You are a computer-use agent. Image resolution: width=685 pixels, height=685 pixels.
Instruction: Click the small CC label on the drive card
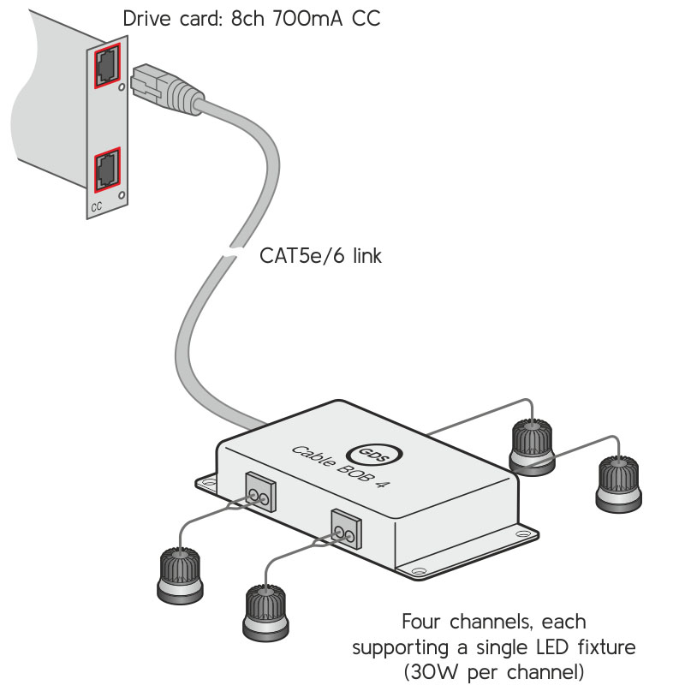tap(96, 207)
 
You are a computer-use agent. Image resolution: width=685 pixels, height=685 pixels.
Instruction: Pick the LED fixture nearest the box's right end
tap(532, 445)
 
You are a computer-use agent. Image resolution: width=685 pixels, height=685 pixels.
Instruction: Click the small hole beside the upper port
tap(122, 87)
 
